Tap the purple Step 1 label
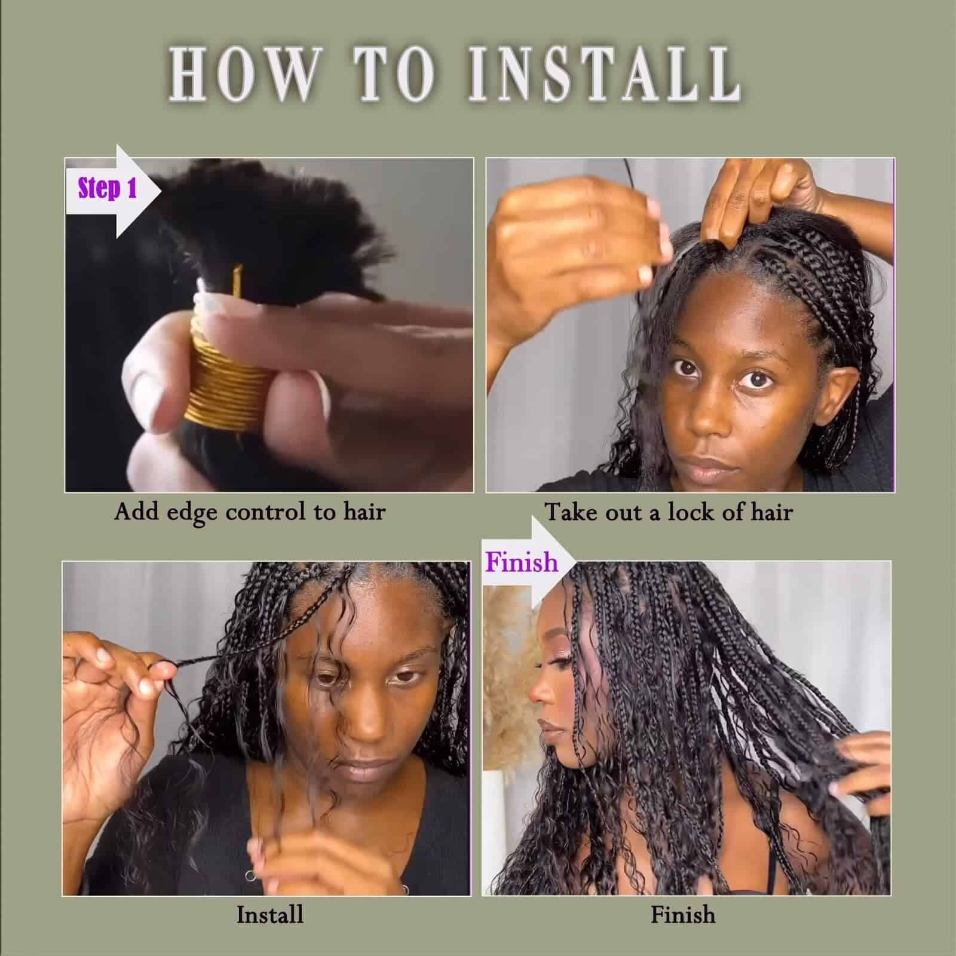[x=108, y=188]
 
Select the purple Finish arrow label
[x=521, y=562]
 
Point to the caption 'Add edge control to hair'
[x=250, y=512]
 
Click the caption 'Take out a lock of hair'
[x=669, y=512]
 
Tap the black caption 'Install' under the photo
[x=269, y=915]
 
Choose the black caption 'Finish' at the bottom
[x=682, y=915]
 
